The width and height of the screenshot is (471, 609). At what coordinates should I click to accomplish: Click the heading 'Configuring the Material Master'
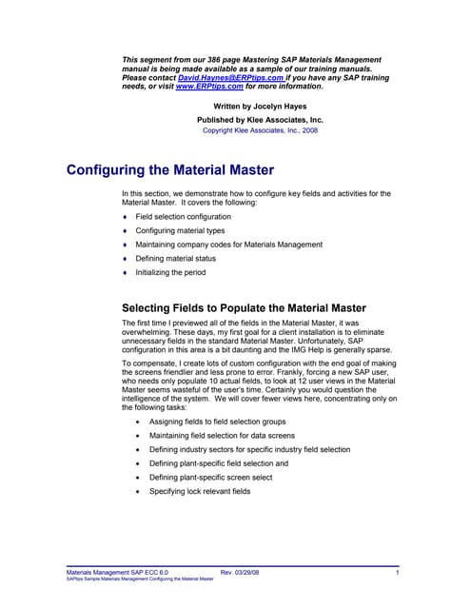coord(170,171)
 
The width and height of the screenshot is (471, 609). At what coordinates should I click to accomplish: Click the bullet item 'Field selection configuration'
coord(183,217)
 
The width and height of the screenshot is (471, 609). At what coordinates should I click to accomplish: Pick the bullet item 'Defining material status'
coord(175,258)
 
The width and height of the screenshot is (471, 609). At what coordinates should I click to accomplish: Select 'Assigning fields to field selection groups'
coord(228,419)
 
